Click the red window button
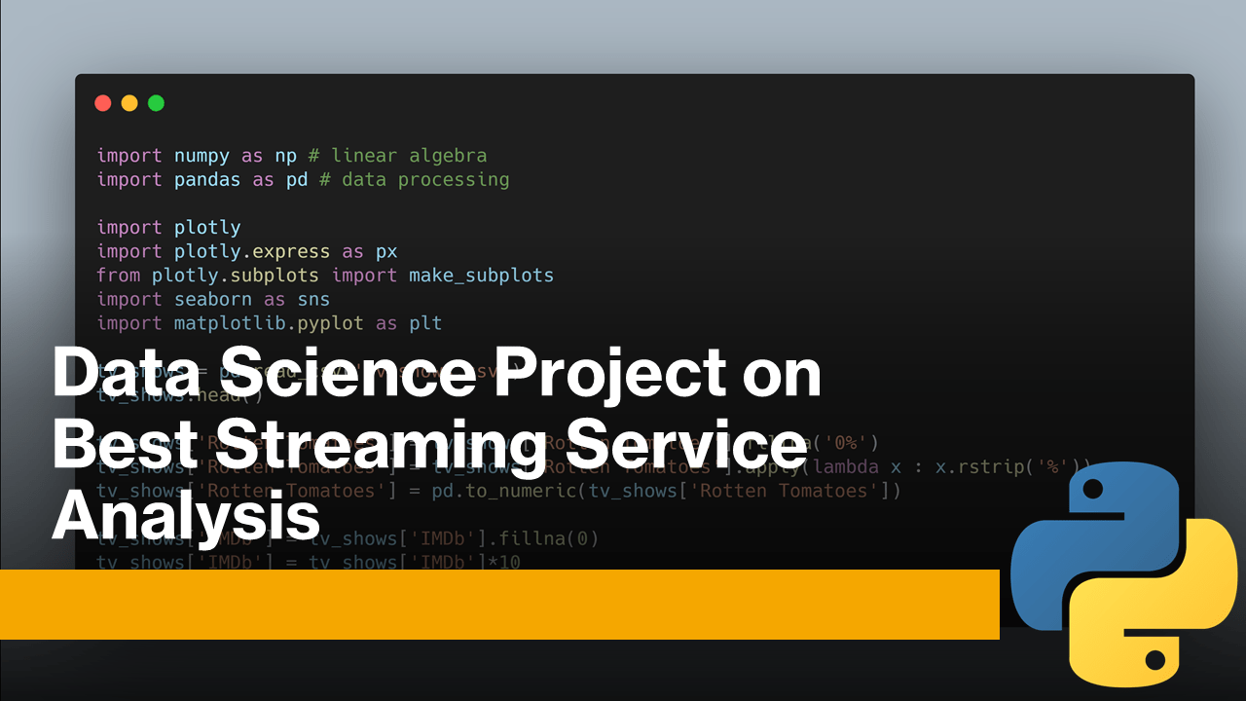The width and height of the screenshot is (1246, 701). point(103,103)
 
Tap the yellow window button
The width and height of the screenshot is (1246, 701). point(129,103)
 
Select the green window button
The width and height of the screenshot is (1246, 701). point(156,103)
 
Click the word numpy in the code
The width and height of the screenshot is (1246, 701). point(202,156)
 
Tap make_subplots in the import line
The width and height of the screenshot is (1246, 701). point(481,276)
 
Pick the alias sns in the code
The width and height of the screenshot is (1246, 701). point(313,299)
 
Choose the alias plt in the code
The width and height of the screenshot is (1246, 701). point(425,323)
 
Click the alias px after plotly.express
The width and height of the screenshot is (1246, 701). point(386,251)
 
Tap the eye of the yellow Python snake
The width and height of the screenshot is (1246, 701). point(1154,660)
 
